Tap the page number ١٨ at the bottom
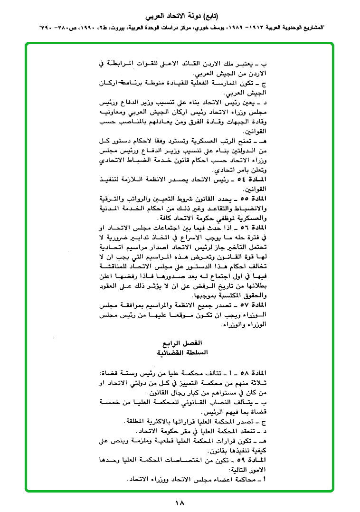pos(180,503)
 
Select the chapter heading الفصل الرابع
pos(182,342)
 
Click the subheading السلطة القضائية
pos(182,352)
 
